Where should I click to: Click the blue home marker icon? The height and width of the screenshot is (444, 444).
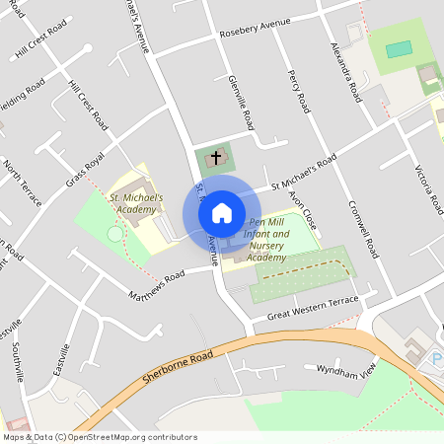pyautogui.click(x=222, y=212)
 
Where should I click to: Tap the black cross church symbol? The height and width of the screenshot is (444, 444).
pyautogui.click(x=216, y=157)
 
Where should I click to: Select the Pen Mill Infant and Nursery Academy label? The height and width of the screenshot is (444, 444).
pyautogui.click(x=266, y=240)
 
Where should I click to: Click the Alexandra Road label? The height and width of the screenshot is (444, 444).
pyautogui.click(x=347, y=72)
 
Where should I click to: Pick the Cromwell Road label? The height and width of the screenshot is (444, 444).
pyautogui.click(x=363, y=229)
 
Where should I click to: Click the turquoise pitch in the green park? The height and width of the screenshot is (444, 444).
pyautogui.click(x=399, y=49)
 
